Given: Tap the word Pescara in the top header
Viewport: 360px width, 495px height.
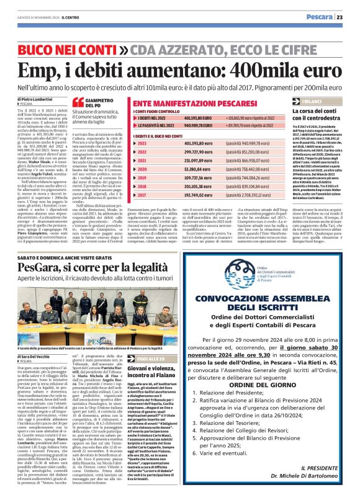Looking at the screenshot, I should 320,17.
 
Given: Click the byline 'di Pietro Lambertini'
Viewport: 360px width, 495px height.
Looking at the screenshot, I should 35,99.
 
